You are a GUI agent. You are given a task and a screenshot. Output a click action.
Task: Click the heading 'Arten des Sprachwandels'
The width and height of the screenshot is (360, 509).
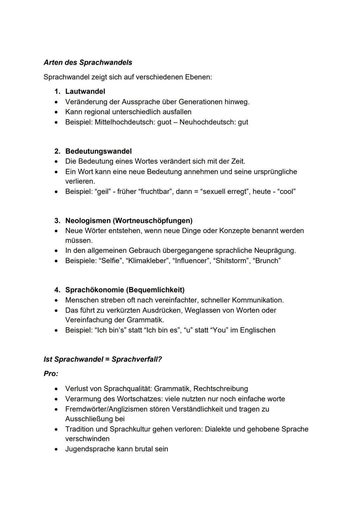[x=88, y=62]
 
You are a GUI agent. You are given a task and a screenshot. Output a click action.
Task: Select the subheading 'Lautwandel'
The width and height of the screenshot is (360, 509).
[x=85, y=91]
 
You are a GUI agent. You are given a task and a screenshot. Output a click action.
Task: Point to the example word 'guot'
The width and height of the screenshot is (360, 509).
[x=164, y=122]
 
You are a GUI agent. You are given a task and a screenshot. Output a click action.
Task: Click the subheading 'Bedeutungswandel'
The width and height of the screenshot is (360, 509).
[x=98, y=151]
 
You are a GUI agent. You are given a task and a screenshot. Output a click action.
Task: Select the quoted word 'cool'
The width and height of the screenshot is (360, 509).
[x=286, y=192]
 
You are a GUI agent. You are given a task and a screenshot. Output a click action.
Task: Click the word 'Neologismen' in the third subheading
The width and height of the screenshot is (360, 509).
[x=88, y=221]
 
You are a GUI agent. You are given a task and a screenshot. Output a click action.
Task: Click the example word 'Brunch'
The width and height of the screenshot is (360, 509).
[x=268, y=261]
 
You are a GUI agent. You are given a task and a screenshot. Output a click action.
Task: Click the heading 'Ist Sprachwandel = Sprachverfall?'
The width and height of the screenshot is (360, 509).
[x=103, y=359]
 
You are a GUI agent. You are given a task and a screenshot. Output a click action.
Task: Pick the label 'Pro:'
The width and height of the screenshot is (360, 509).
[x=51, y=374]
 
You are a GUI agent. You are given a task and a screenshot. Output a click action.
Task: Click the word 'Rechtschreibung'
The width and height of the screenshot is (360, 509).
[x=221, y=389]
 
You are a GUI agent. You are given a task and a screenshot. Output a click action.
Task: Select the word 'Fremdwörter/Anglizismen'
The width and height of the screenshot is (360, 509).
[x=108, y=409]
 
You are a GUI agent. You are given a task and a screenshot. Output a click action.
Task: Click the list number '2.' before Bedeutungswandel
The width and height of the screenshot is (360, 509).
[x=57, y=151]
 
